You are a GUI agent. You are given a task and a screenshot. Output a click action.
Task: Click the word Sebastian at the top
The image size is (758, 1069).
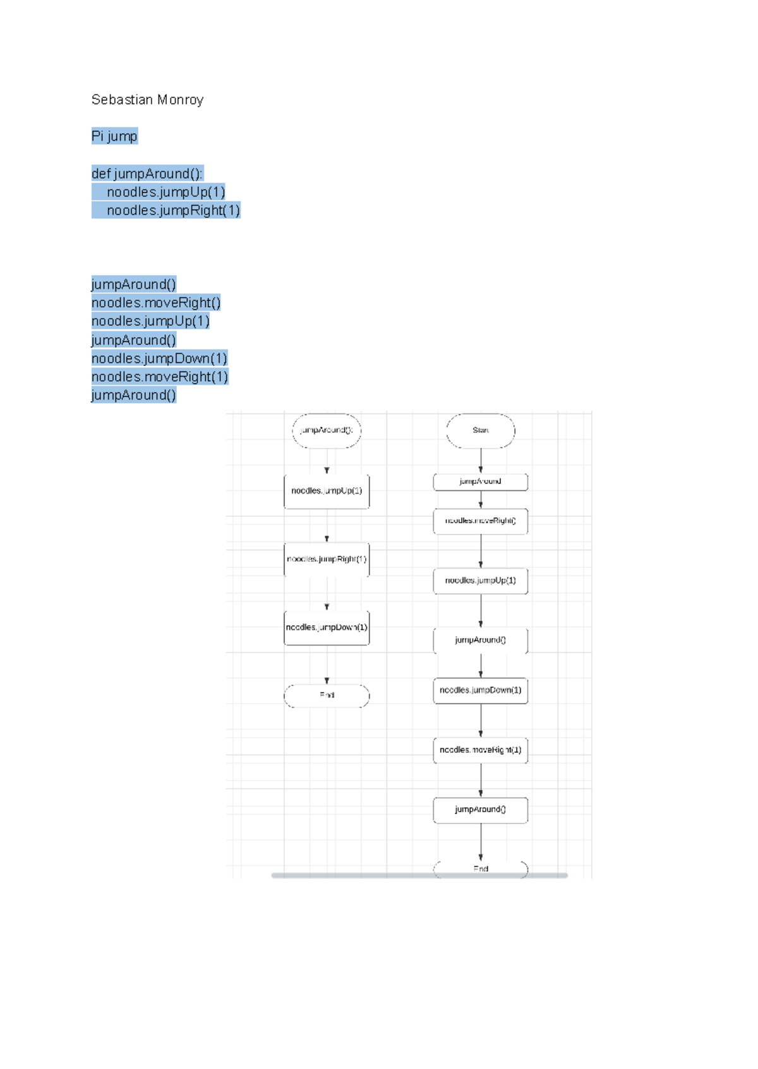[122, 100]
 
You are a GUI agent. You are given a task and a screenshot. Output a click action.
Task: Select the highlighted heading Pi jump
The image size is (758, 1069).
[114, 136]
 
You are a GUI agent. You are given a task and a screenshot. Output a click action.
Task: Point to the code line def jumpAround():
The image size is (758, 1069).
[147, 174]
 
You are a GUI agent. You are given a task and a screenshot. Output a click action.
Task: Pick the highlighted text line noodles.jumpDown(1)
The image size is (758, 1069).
[159, 358]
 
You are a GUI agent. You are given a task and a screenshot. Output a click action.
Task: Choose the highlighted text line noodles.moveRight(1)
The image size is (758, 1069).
[159, 377]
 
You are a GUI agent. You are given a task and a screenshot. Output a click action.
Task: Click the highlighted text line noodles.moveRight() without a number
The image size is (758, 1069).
[156, 303]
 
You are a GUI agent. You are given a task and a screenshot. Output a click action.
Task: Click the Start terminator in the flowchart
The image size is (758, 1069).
[481, 431]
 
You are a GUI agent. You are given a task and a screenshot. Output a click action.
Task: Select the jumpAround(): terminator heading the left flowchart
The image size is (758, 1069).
[327, 431]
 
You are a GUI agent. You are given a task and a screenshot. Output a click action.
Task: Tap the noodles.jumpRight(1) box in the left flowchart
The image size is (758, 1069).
[327, 559]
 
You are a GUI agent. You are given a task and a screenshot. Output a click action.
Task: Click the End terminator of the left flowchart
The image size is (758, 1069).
[327, 695]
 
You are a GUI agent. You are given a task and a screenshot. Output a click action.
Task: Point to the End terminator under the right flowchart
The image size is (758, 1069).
[481, 869]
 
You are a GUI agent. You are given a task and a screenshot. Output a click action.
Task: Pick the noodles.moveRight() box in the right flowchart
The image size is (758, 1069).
[481, 521]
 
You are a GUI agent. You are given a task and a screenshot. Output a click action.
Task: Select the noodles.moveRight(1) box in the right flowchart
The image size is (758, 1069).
[481, 750]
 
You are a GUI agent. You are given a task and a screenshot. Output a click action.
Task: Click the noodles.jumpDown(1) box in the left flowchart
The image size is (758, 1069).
[327, 628]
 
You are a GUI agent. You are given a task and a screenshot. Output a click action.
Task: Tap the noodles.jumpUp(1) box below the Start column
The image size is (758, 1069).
[481, 581]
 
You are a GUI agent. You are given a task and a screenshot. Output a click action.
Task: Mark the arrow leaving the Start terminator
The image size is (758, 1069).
[481, 461]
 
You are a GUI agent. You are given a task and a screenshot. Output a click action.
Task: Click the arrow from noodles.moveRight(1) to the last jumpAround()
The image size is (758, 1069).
[481, 780]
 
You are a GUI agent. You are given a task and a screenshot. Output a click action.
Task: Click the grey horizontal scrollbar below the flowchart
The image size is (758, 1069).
[419, 875]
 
